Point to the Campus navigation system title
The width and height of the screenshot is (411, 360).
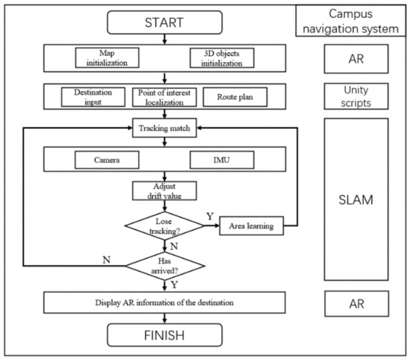351,22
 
